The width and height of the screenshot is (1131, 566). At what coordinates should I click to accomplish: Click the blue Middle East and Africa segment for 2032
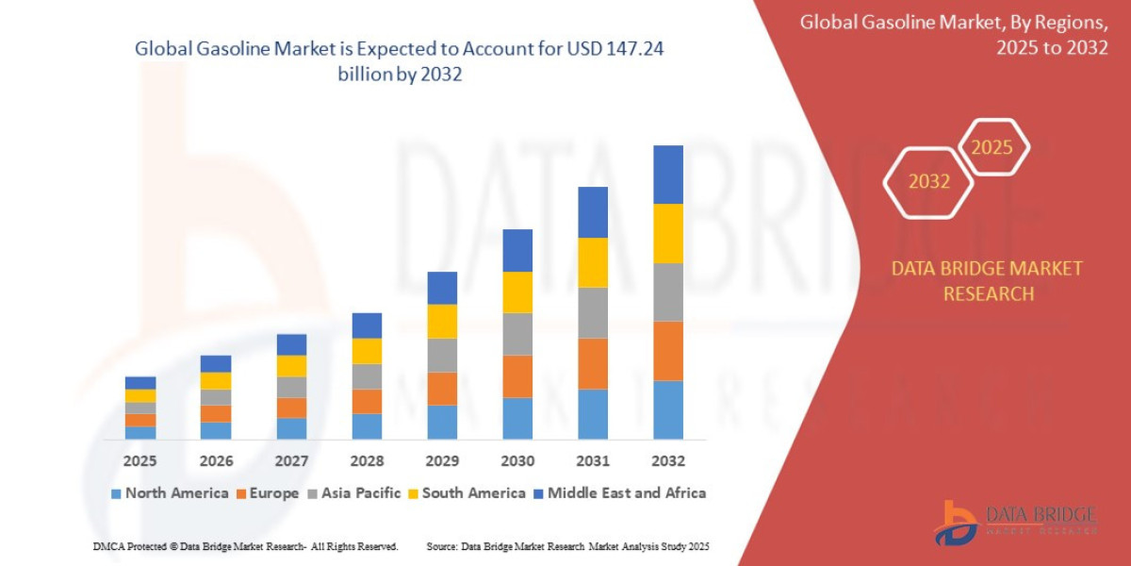pos(667,175)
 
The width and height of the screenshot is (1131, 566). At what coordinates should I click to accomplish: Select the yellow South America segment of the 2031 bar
pos(592,262)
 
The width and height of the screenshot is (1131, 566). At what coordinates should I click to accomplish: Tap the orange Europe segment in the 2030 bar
pos(517,376)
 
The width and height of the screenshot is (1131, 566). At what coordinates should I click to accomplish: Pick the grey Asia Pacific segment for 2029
pos(442,355)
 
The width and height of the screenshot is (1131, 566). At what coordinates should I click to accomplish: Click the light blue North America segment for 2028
pos(367,426)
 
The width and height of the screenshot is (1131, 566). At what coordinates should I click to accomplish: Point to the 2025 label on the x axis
pos(139,461)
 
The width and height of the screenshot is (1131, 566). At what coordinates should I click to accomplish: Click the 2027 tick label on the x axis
pos(291,461)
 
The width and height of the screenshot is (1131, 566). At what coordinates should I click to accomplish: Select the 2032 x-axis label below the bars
pos(667,461)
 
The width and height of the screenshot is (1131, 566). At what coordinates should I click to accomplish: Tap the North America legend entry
pos(170,492)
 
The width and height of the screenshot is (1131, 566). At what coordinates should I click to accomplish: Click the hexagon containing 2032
pos(928,181)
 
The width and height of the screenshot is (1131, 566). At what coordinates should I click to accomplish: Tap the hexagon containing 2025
pos(992,147)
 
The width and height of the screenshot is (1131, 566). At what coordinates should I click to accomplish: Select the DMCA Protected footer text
pos(245,547)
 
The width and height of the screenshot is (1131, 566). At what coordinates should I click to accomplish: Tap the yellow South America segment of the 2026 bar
pos(216,380)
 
